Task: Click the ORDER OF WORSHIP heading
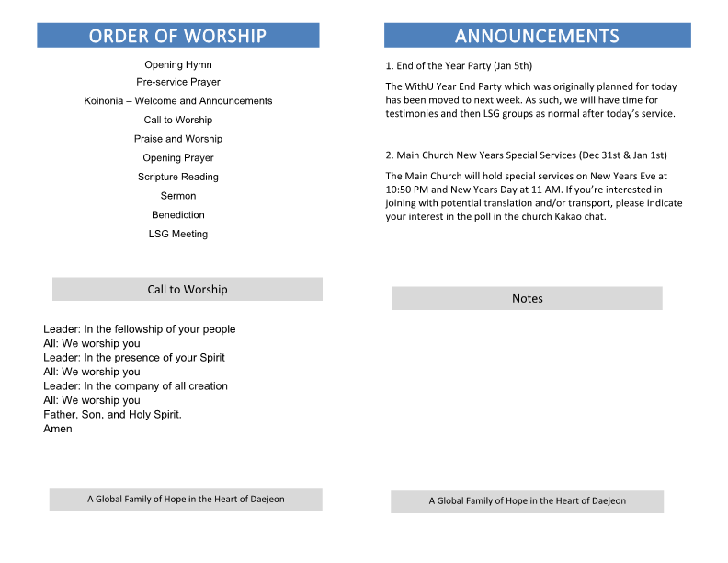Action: click(177, 36)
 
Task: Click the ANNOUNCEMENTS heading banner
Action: click(537, 36)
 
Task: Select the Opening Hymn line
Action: click(178, 65)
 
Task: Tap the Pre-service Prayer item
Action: click(178, 83)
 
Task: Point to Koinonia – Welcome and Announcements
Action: click(178, 101)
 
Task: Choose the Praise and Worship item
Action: click(178, 139)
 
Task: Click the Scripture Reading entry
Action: click(178, 177)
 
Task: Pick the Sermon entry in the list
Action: click(178, 196)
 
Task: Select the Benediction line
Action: click(178, 215)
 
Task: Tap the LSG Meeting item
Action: click(178, 235)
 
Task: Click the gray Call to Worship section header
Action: click(188, 290)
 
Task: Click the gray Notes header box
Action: click(527, 299)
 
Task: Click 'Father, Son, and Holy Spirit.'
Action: click(112, 415)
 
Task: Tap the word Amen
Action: click(57, 429)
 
